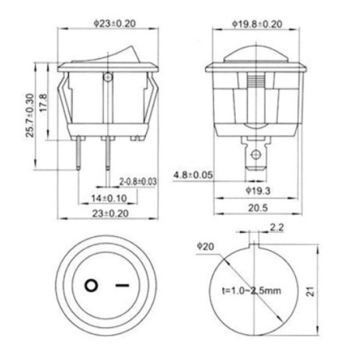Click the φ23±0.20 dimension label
(115, 23)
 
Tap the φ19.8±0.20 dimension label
(257, 24)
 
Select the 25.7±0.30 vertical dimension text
(30, 115)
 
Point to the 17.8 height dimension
(44, 103)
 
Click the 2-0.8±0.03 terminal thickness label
(138, 182)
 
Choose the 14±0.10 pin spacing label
(109, 199)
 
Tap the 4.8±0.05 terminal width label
(193, 175)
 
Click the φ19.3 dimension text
(258, 191)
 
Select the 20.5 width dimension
(258, 208)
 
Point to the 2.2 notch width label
(277, 227)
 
